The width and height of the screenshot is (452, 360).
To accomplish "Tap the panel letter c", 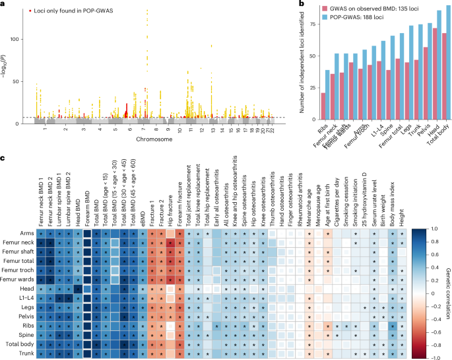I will [4, 157].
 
